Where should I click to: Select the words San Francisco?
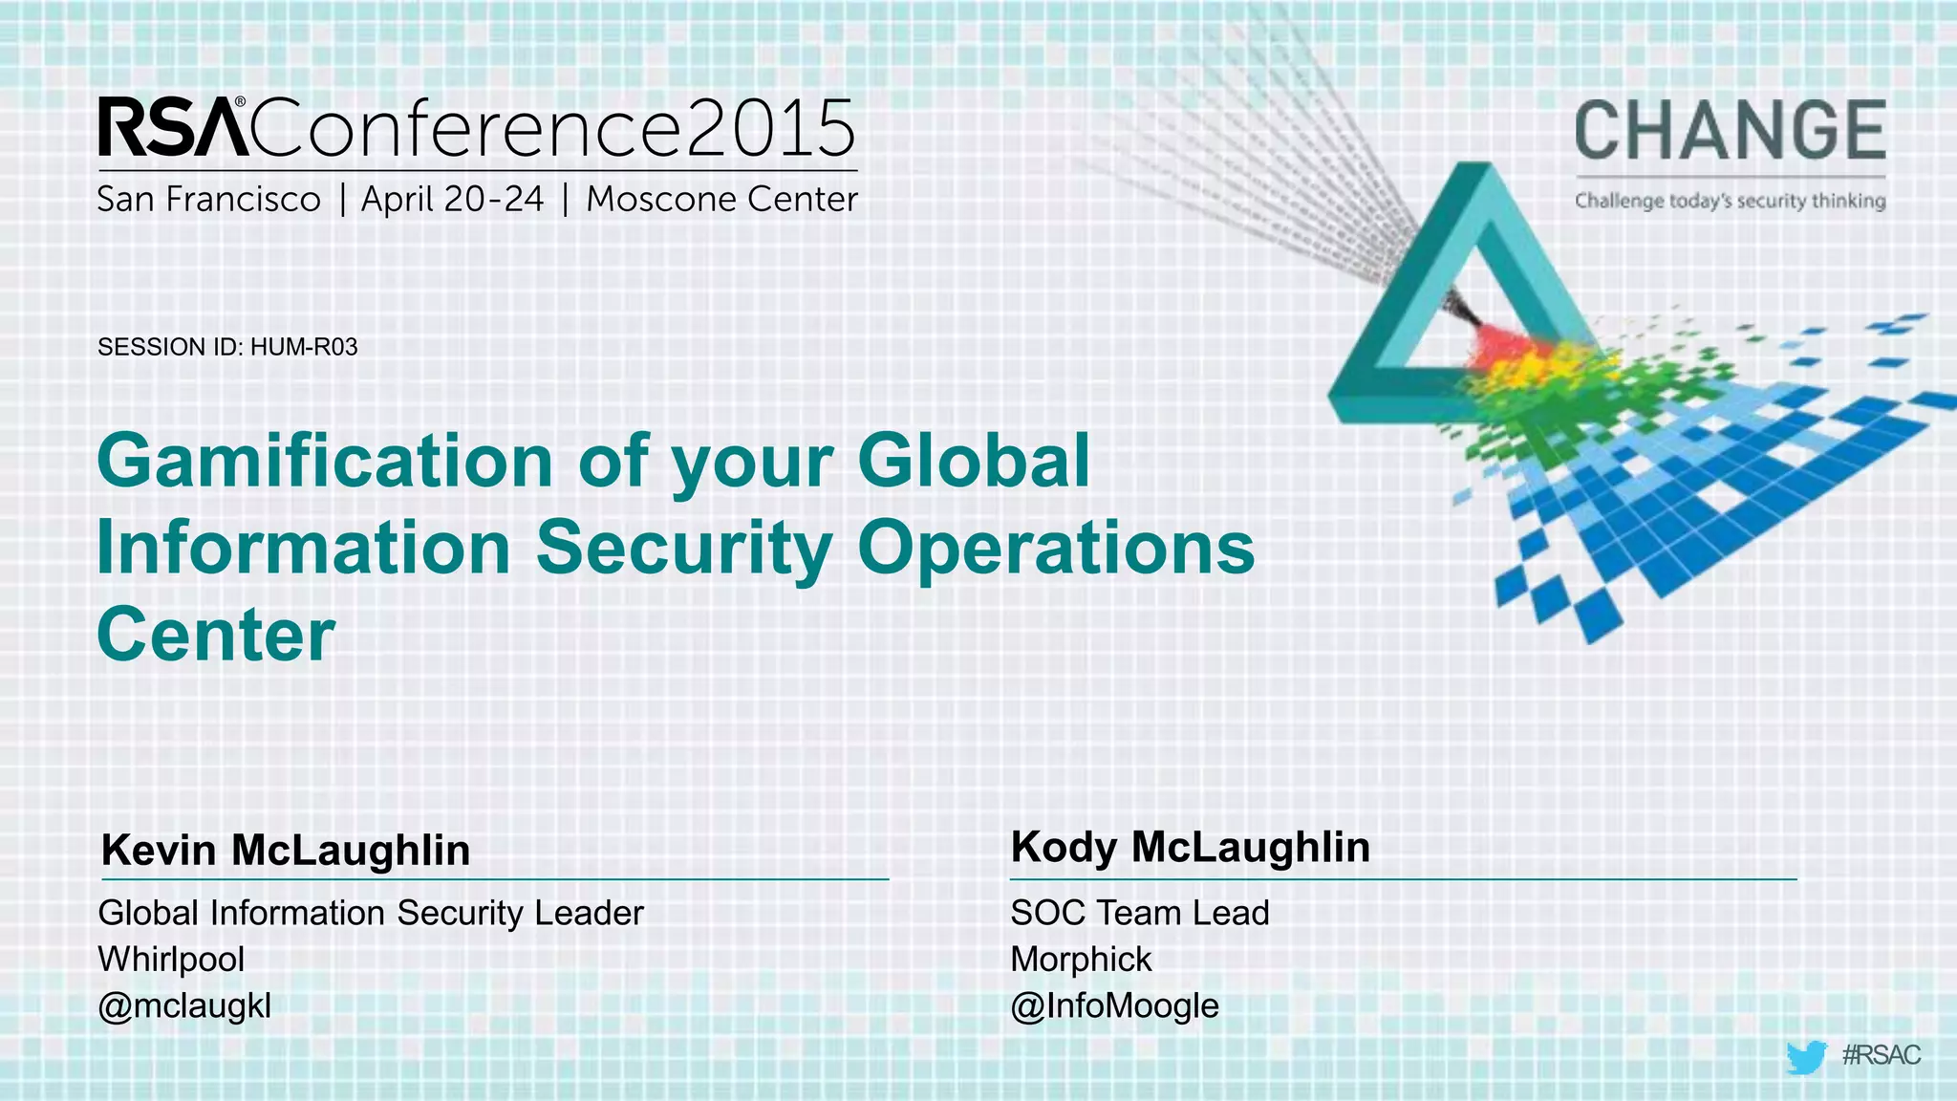[x=208, y=200]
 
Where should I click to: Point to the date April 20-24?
[x=452, y=200]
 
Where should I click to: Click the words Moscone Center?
[x=721, y=200]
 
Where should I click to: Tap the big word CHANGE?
[x=1730, y=131]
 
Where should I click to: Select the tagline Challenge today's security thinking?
[x=1730, y=201]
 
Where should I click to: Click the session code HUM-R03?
[x=304, y=347]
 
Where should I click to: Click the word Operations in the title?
[x=1056, y=548]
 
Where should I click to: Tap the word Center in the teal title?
[x=216, y=634]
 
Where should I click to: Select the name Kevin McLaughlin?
[x=286, y=850]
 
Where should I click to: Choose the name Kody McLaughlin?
[x=1191, y=847]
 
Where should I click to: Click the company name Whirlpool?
[x=171, y=959]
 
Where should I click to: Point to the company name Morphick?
[x=1081, y=959]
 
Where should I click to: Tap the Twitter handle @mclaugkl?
[x=184, y=1005]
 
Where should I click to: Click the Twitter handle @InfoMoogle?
[x=1114, y=1005]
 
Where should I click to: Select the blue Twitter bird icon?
[x=1805, y=1057]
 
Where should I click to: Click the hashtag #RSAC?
[x=1881, y=1055]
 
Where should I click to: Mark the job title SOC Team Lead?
[x=1140, y=913]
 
